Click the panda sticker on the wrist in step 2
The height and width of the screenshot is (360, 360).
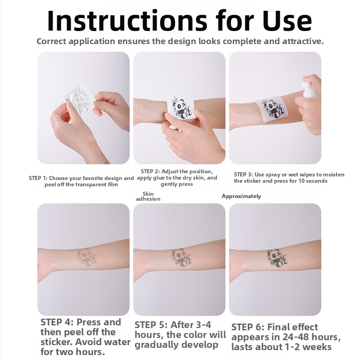point(180,107)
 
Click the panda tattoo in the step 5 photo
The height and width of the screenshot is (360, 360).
point(181,257)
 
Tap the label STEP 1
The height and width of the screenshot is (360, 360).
point(38,178)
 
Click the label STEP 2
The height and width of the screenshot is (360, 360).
point(150,171)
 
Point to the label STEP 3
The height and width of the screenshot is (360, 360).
point(243,175)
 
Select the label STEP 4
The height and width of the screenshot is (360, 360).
point(57,322)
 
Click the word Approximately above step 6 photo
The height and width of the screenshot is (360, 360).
point(241,196)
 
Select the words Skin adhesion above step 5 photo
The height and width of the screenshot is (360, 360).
point(148,196)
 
